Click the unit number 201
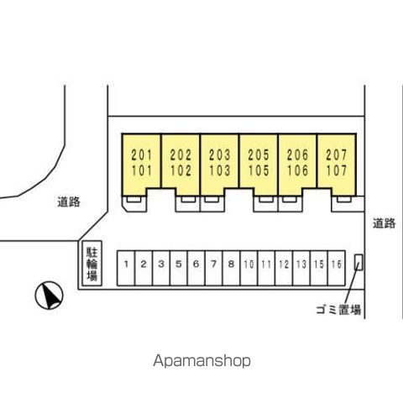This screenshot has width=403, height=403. (x=142, y=154)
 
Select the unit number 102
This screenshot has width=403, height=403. (x=181, y=170)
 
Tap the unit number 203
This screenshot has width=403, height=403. (x=220, y=154)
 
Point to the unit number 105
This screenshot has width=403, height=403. (x=259, y=170)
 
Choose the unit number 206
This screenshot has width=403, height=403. (x=297, y=154)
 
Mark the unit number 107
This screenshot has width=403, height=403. (x=337, y=170)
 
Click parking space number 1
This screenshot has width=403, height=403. (x=126, y=264)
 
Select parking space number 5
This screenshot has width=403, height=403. (x=179, y=264)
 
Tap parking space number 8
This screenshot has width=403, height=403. (x=231, y=264)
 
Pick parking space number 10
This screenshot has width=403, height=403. (x=249, y=264)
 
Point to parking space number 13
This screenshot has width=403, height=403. (x=301, y=264)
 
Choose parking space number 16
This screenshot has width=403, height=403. (x=337, y=264)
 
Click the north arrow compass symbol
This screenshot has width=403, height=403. (x=50, y=296)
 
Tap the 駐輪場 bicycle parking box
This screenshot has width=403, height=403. (x=92, y=264)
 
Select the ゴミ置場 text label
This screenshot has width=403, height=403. (x=338, y=310)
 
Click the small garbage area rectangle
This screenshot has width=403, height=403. (x=359, y=262)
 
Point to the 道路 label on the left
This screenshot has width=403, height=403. (x=69, y=201)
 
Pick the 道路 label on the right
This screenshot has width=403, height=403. (x=385, y=223)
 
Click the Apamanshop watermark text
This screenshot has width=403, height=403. (x=201, y=361)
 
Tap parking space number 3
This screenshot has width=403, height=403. (x=161, y=264)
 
